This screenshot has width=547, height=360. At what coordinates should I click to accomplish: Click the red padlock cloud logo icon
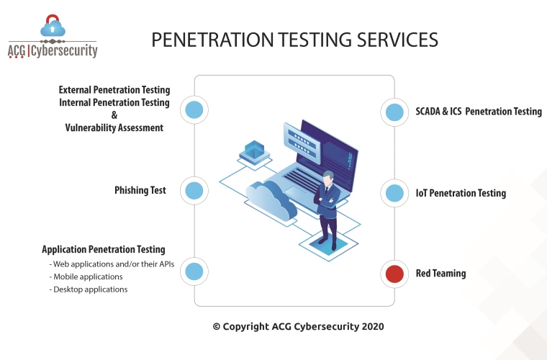(53, 25)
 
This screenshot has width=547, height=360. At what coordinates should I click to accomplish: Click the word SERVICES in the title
(397, 40)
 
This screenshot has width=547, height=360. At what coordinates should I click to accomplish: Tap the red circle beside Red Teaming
(394, 274)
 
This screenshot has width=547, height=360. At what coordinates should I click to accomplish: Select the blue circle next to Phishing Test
(194, 191)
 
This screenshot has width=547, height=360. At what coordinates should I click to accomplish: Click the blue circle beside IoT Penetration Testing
(394, 193)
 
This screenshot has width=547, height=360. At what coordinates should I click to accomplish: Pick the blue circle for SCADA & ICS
(394, 112)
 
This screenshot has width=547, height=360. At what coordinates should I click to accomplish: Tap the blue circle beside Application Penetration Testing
(194, 271)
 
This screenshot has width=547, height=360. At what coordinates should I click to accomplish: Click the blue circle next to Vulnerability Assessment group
(194, 110)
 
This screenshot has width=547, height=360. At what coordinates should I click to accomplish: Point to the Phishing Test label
(140, 191)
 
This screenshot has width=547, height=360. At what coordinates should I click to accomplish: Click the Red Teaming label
(440, 274)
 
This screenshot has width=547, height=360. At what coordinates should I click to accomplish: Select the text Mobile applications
(88, 276)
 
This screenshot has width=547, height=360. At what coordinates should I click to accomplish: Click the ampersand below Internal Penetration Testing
(114, 115)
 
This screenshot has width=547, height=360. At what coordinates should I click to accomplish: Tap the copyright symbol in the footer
(217, 327)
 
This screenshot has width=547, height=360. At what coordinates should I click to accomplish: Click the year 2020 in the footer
(373, 326)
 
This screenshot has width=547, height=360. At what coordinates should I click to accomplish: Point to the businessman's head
(328, 178)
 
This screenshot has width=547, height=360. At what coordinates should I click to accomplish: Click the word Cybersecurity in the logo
(64, 51)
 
